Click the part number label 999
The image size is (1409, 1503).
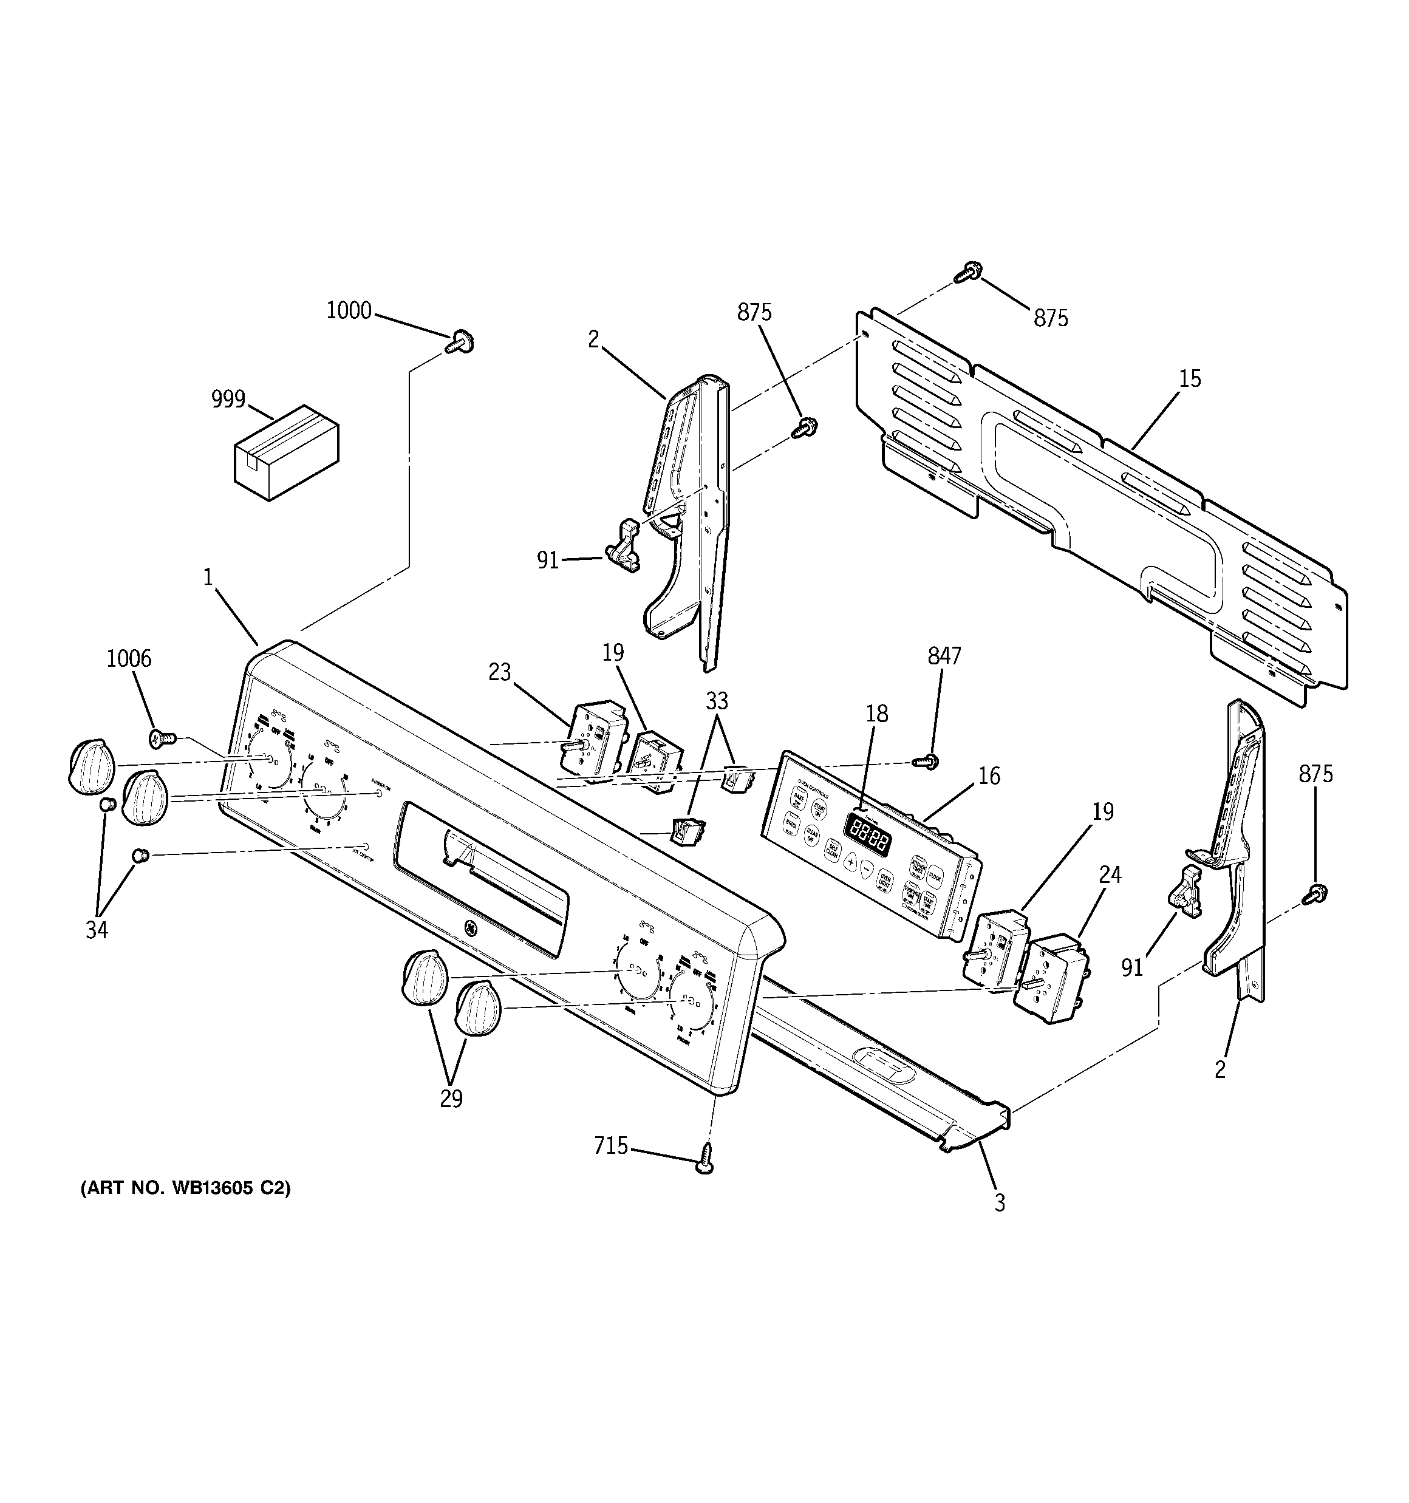[228, 398]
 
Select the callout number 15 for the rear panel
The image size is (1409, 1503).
[1190, 379]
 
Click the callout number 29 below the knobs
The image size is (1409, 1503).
[451, 1099]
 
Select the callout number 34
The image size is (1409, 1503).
[97, 930]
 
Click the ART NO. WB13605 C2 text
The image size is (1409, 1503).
[185, 1188]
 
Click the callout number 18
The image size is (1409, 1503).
[878, 714]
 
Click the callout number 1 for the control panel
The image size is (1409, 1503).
[208, 578]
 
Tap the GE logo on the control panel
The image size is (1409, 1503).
[469, 929]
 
